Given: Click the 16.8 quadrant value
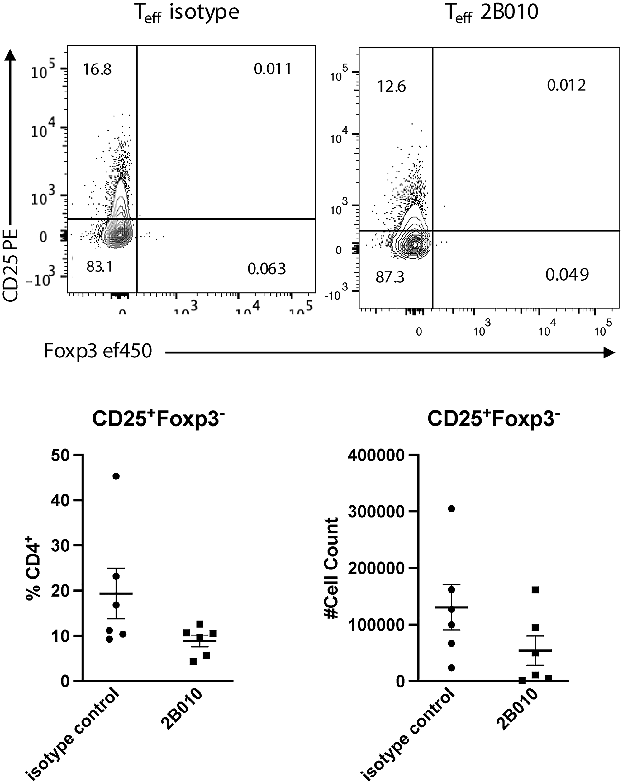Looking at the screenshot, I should (x=97, y=69).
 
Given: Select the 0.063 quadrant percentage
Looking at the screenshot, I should (x=267, y=269).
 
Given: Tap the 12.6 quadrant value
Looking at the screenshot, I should (x=392, y=87).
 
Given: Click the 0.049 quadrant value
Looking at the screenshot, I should (x=567, y=275).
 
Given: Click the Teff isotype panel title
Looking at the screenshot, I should (x=187, y=13).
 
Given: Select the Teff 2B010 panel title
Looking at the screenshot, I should (x=492, y=13).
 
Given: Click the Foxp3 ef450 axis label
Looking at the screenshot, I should (x=97, y=352).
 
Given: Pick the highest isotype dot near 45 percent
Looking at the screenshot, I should (x=116, y=476).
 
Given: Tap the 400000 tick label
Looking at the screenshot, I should (x=376, y=456).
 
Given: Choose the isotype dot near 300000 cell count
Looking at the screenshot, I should (x=451, y=509).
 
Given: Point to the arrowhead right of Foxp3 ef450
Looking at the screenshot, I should (x=609, y=352).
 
